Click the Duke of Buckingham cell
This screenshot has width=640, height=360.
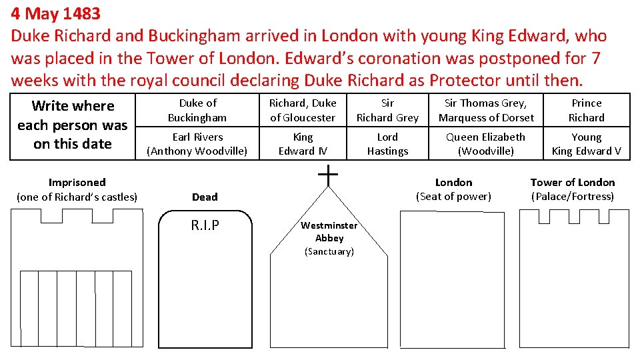coord(197,110)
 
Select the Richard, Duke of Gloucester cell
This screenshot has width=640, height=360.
coord(303,110)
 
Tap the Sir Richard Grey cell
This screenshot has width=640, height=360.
coord(387,110)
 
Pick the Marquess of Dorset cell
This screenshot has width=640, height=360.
coord(486,110)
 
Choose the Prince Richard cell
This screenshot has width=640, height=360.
coord(586,110)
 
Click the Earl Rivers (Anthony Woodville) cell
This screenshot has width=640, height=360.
coord(197,144)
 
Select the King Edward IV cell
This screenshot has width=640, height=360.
coord(303,144)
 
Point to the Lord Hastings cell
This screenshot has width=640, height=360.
coord(387,144)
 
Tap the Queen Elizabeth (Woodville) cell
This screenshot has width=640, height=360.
coord(486,144)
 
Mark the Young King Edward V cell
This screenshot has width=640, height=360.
coord(586,144)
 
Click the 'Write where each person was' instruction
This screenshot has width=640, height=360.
coord(73,125)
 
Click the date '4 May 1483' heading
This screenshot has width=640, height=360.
coord(55,13)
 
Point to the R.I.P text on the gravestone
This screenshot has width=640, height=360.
coord(205,225)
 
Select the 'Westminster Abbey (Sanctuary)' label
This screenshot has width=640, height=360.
coord(329,238)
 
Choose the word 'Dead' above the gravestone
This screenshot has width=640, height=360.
coord(205,197)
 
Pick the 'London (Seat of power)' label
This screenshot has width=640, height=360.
coord(453,189)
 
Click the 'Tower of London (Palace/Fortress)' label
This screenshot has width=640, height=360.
coord(573,189)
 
